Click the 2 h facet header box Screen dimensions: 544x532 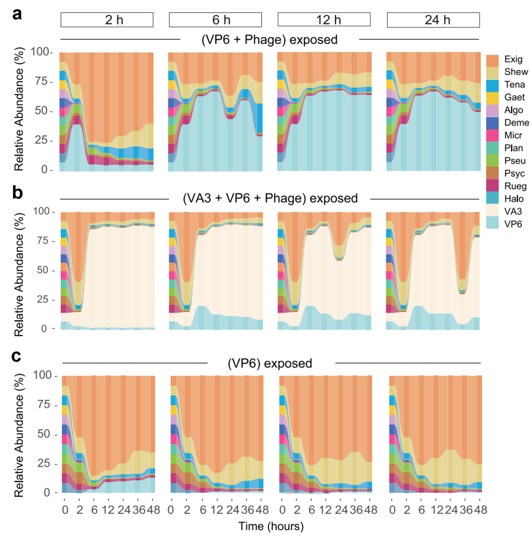tap(107, 20)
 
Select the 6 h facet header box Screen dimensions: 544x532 tap(215, 20)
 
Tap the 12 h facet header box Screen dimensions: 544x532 tap(324, 20)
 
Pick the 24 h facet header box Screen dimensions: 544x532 tap(433, 20)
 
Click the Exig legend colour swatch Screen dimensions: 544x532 tap(492, 60)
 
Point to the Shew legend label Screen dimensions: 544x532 tap(516, 72)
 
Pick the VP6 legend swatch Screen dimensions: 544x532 tap(492, 223)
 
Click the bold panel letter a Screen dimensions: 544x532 tap(17, 14)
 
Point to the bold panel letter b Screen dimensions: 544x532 tap(17, 193)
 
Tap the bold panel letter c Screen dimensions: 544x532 tap(16, 356)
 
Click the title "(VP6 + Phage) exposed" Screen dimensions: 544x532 tap(270, 39)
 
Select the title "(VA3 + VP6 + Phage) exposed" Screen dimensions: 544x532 tap(270, 198)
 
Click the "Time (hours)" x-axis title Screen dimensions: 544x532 tap(271, 526)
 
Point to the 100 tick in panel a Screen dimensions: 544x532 tap(40, 52)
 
